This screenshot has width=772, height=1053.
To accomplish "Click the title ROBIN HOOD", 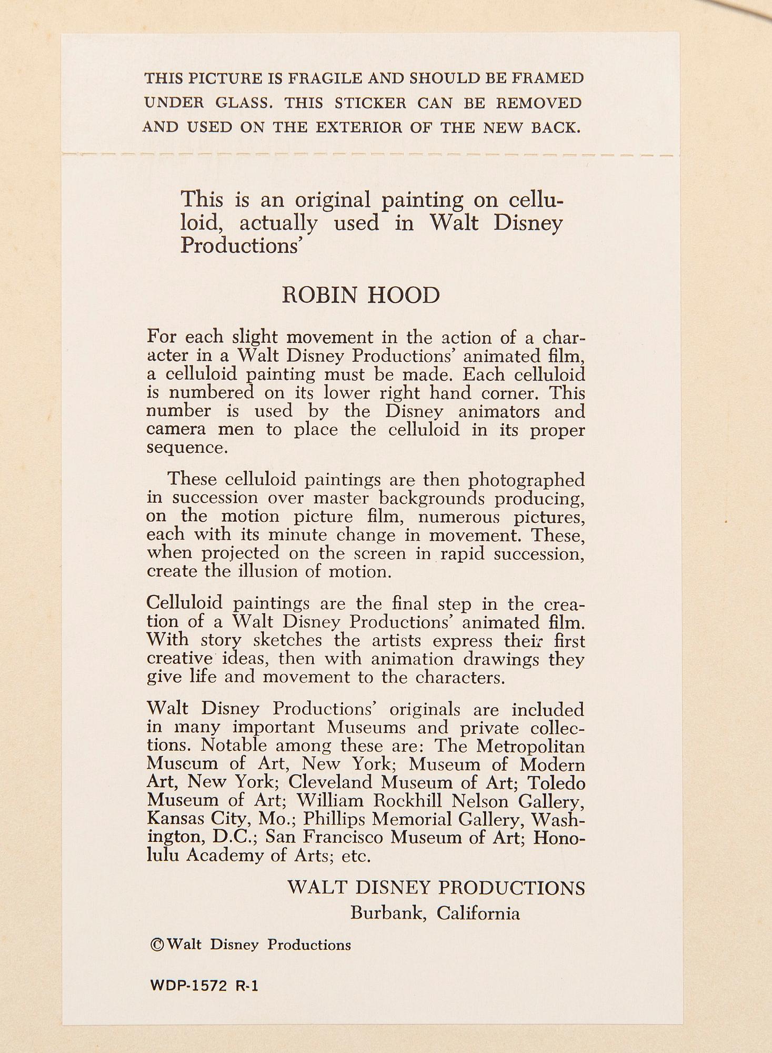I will [x=360, y=296].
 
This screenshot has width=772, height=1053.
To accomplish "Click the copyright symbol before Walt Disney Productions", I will [x=157, y=945].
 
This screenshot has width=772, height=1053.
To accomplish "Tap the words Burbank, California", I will [x=435, y=913].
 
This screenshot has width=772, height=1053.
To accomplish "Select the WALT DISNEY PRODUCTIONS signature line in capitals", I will [x=436, y=888].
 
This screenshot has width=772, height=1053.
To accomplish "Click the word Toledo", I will [x=557, y=783].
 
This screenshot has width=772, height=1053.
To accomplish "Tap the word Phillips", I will [x=333, y=819].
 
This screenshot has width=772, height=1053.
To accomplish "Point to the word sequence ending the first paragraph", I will [x=187, y=448].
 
